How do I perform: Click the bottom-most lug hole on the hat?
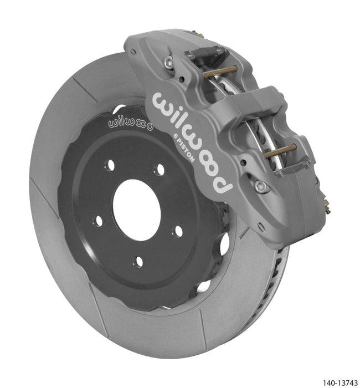[x=138, y=260]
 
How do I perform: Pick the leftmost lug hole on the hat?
[x=98, y=221]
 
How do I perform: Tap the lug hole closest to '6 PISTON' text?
[x=160, y=170]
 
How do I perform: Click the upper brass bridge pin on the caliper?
[x=220, y=71]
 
